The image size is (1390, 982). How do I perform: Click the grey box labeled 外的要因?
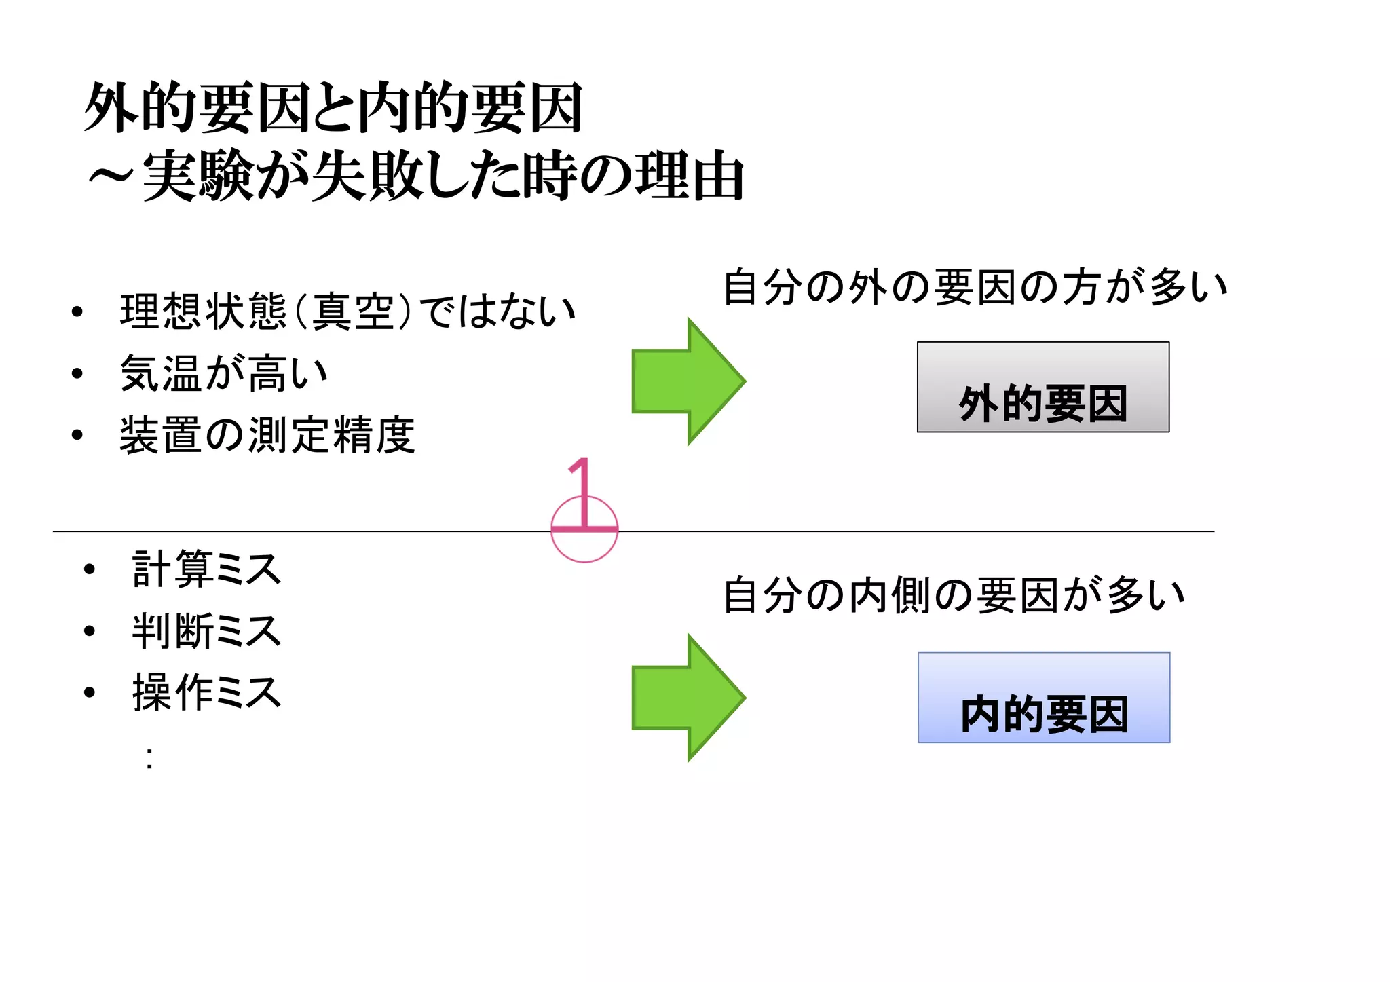pos(1042,387)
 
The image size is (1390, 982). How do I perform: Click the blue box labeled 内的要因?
pos(1043,698)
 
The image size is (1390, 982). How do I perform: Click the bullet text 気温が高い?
pos(224,373)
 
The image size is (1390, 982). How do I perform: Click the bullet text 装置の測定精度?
pos(267,435)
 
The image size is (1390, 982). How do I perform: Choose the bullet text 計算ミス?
pos(206,569)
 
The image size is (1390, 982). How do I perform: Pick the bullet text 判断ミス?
pos(206,630)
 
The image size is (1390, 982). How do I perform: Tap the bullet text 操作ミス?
pos(206,692)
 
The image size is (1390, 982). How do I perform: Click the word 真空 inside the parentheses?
pos(353,311)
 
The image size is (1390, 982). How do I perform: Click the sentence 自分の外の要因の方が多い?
pos(975,287)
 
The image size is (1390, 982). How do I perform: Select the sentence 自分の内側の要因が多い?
pos(954,595)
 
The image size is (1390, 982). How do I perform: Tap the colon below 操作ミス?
pos(149,758)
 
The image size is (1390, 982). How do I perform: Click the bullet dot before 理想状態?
pos(77,312)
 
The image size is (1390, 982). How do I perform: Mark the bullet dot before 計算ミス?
pos(89,569)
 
